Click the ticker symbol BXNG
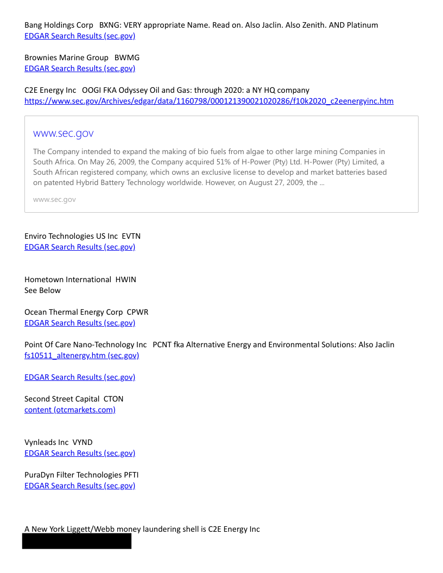coord(110,25)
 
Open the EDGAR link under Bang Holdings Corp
coord(80,36)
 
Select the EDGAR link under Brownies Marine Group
coord(80,68)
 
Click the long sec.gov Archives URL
coord(209,101)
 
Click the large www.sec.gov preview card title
coord(64,133)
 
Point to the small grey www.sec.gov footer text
coord(54,200)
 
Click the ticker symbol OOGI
coord(92,90)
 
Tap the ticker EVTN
coord(131,236)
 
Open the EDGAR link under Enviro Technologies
coord(80,247)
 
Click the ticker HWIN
coord(126,279)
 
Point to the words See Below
coord(42,290)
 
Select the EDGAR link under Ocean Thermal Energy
coord(80,323)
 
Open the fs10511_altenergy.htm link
coord(81,355)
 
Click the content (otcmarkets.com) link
coord(70,410)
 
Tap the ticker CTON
coord(113,399)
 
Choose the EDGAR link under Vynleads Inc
coord(80,453)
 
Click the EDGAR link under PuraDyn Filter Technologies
coord(80,486)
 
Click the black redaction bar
coord(77,541)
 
